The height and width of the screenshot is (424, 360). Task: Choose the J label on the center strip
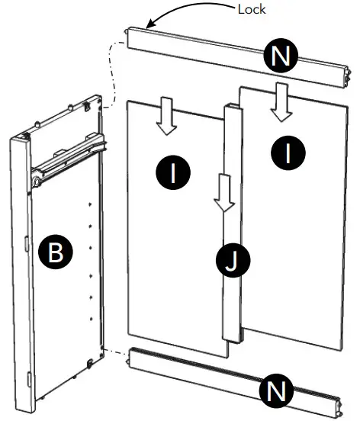point(230,263)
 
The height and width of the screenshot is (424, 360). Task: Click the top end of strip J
point(233,106)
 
